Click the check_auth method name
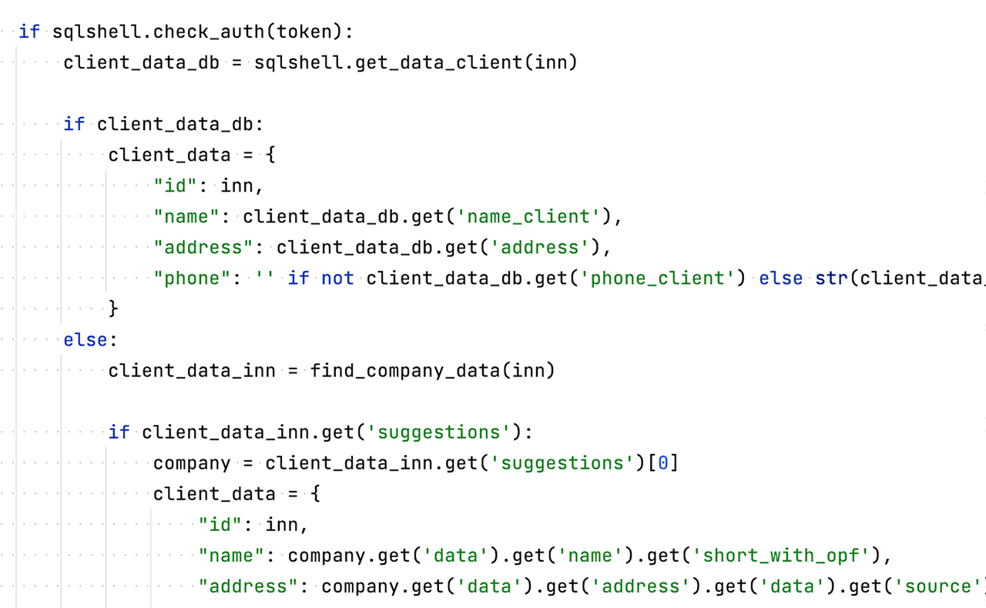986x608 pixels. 209,32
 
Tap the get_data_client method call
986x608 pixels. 438,63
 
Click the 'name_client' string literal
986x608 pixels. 528,217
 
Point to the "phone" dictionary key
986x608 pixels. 192,279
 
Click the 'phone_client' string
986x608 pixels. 657,279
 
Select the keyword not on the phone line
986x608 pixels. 337,279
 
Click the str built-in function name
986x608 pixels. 831,279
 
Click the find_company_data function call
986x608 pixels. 404,371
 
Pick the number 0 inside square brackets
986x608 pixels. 663,463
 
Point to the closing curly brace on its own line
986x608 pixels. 113,309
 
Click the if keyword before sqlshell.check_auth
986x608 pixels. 29,32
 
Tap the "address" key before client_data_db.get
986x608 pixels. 203,248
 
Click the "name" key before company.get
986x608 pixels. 231,556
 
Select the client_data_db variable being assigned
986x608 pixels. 141,63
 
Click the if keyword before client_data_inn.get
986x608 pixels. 119,432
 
